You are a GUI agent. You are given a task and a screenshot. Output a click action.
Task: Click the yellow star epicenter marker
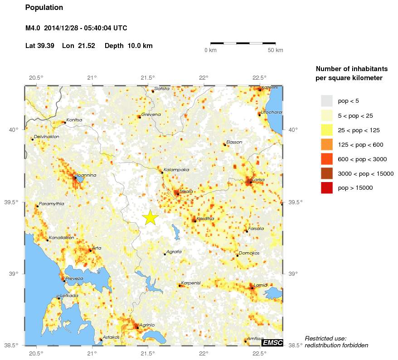(x=150, y=218)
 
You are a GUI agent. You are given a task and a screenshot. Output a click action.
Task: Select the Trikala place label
(x=186, y=191)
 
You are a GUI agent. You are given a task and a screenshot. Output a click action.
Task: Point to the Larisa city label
(x=258, y=180)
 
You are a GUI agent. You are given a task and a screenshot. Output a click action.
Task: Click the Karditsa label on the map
(x=205, y=218)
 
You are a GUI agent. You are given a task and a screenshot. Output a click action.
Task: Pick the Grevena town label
(x=151, y=115)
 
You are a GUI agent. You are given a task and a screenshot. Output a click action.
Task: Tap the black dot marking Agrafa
(x=165, y=254)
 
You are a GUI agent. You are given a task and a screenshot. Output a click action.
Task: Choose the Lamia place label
(x=260, y=284)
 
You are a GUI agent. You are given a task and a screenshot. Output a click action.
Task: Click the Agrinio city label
(x=147, y=325)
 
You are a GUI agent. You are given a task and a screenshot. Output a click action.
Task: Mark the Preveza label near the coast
(x=74, y=278)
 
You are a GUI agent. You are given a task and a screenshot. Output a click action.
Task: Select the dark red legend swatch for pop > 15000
(x=326, y=187)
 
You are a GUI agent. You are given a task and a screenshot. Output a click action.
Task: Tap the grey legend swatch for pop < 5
(x=326, y=101)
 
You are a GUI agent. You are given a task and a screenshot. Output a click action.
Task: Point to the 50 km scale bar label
(x=276, y=50)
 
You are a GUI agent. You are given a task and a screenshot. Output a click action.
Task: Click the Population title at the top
(x=44, y=8)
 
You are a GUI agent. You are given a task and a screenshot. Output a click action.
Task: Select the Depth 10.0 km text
(x=128, y=46)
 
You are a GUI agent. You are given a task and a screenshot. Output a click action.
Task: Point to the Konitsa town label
(x=74, y=120)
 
